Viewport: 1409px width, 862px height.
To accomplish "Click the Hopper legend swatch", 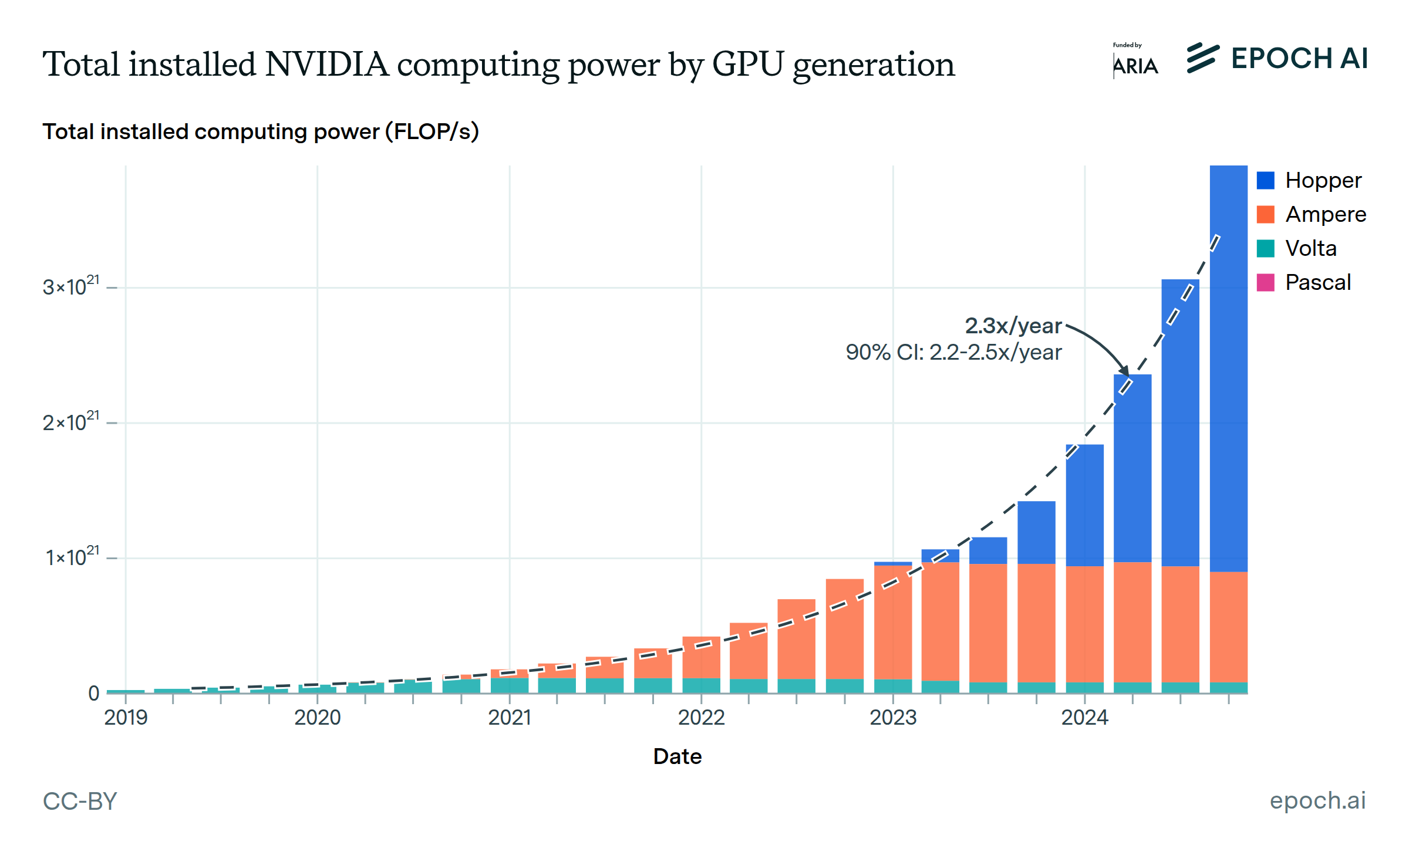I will (x=1265, y=180).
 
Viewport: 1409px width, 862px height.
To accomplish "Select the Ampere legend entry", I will (x=1325, y=214).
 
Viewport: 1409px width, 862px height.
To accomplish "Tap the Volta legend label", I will (x=1310, y=248).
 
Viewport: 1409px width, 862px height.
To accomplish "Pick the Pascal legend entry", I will (x=1317, y=282).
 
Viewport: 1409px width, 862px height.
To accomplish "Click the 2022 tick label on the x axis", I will (x=701, y=717).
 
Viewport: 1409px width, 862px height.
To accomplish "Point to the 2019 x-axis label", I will (x=126, y=717).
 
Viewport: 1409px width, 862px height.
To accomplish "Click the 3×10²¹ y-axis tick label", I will (x=71, y=287).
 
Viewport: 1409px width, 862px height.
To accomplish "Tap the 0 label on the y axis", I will (x=94, y=693).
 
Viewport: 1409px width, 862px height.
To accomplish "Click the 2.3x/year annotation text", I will (x=1013, y=326).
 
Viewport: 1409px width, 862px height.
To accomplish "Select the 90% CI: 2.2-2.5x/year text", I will (x=953, y=352).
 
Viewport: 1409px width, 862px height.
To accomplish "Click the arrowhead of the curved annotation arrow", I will (x=1124, y=371).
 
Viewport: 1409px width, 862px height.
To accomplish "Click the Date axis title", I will (x=677, y=756).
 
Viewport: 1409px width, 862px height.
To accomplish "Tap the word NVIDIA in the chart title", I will (x=326, y=64).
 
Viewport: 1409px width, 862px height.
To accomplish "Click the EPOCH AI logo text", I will (x=1299, y=59).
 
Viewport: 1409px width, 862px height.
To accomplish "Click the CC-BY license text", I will (x=80, y=801).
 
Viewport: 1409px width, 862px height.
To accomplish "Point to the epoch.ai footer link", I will (x=1317, y=800).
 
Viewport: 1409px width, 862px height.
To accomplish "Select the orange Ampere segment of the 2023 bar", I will (x=892, y=622).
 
